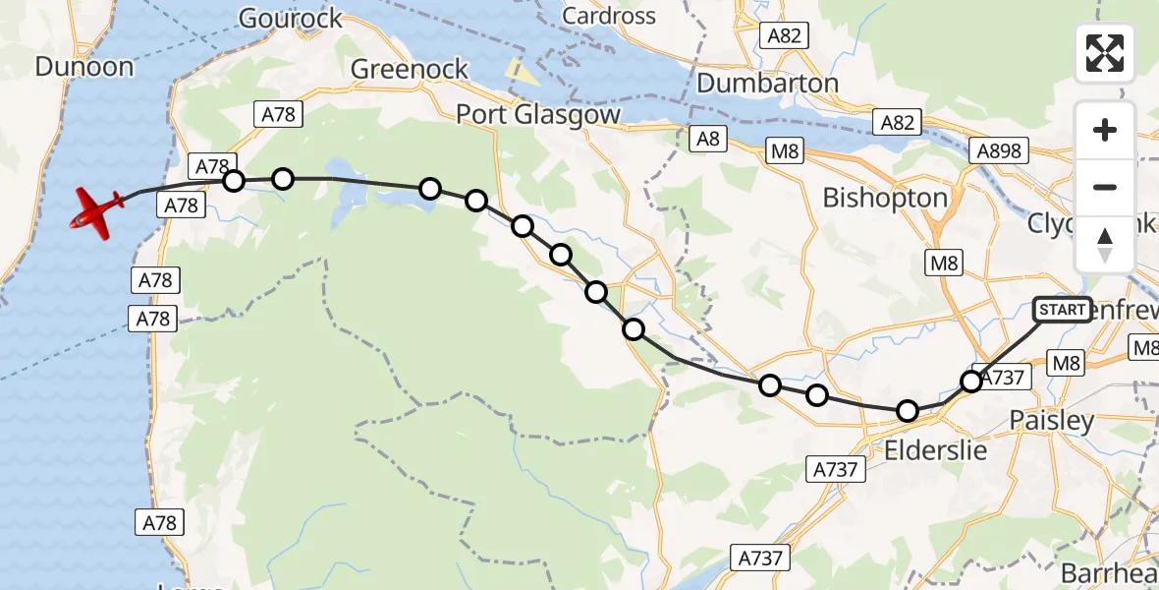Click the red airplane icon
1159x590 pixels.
[x=96, y=209]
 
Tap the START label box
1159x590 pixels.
[x=1062, y=310]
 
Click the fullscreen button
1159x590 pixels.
[x=1105, y=53]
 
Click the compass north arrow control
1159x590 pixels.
[x=1105, y=245]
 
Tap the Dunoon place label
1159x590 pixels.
[x=83, y=67]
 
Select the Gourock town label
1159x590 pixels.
[x=291, y=18]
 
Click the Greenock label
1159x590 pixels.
[x=410, y=70]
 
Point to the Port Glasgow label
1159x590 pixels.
[x=538, y=115]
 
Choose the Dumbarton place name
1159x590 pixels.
[x=767, y=83]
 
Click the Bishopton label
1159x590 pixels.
[x=884, y=198]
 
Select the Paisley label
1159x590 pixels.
[x=1052, y=421]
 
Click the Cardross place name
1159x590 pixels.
[x=609, y=16]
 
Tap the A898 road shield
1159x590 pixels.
[x=1000, y=151]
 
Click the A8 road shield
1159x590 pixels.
[x=706, y=139]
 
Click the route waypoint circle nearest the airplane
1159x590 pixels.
[x=233, y=181]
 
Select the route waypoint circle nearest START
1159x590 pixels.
[x=971, y=382]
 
